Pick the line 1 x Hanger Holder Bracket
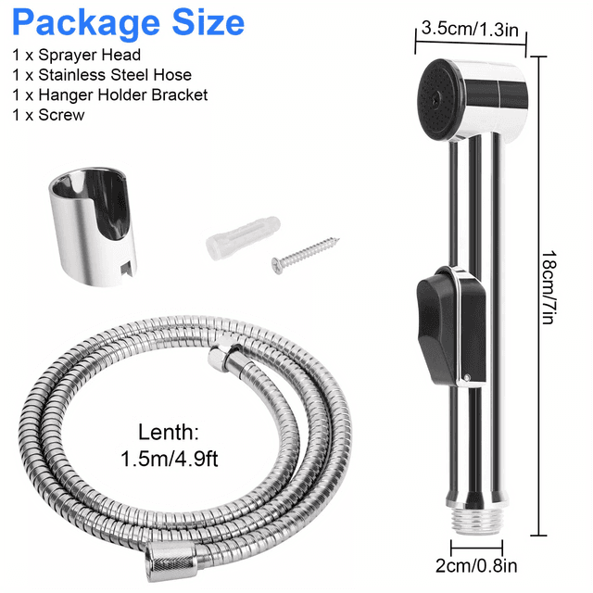pos(109,95)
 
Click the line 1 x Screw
pos(48,116)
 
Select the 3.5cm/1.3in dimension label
pos(469,28)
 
